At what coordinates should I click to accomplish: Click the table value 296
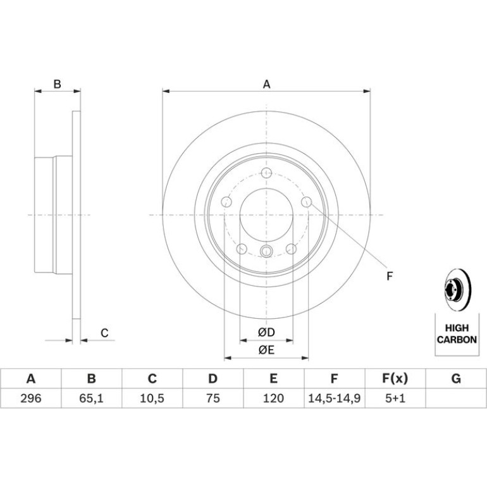click(x=31, y=398)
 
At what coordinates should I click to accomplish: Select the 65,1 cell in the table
click(x=91, y=398)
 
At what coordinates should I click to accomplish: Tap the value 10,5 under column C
click(x=152, y=398)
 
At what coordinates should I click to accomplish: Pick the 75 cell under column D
click(x=213, y=398)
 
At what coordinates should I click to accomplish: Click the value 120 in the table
click(x=273, y=398)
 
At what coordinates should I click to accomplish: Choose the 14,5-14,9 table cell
click(x=334, y=398)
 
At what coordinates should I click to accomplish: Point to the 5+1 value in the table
click(x=395, y=398)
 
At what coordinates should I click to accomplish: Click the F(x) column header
click(x=395, y=379)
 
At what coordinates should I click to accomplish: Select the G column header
click(x=456, y=379)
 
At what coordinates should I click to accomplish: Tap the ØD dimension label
click(x=266, y=332)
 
